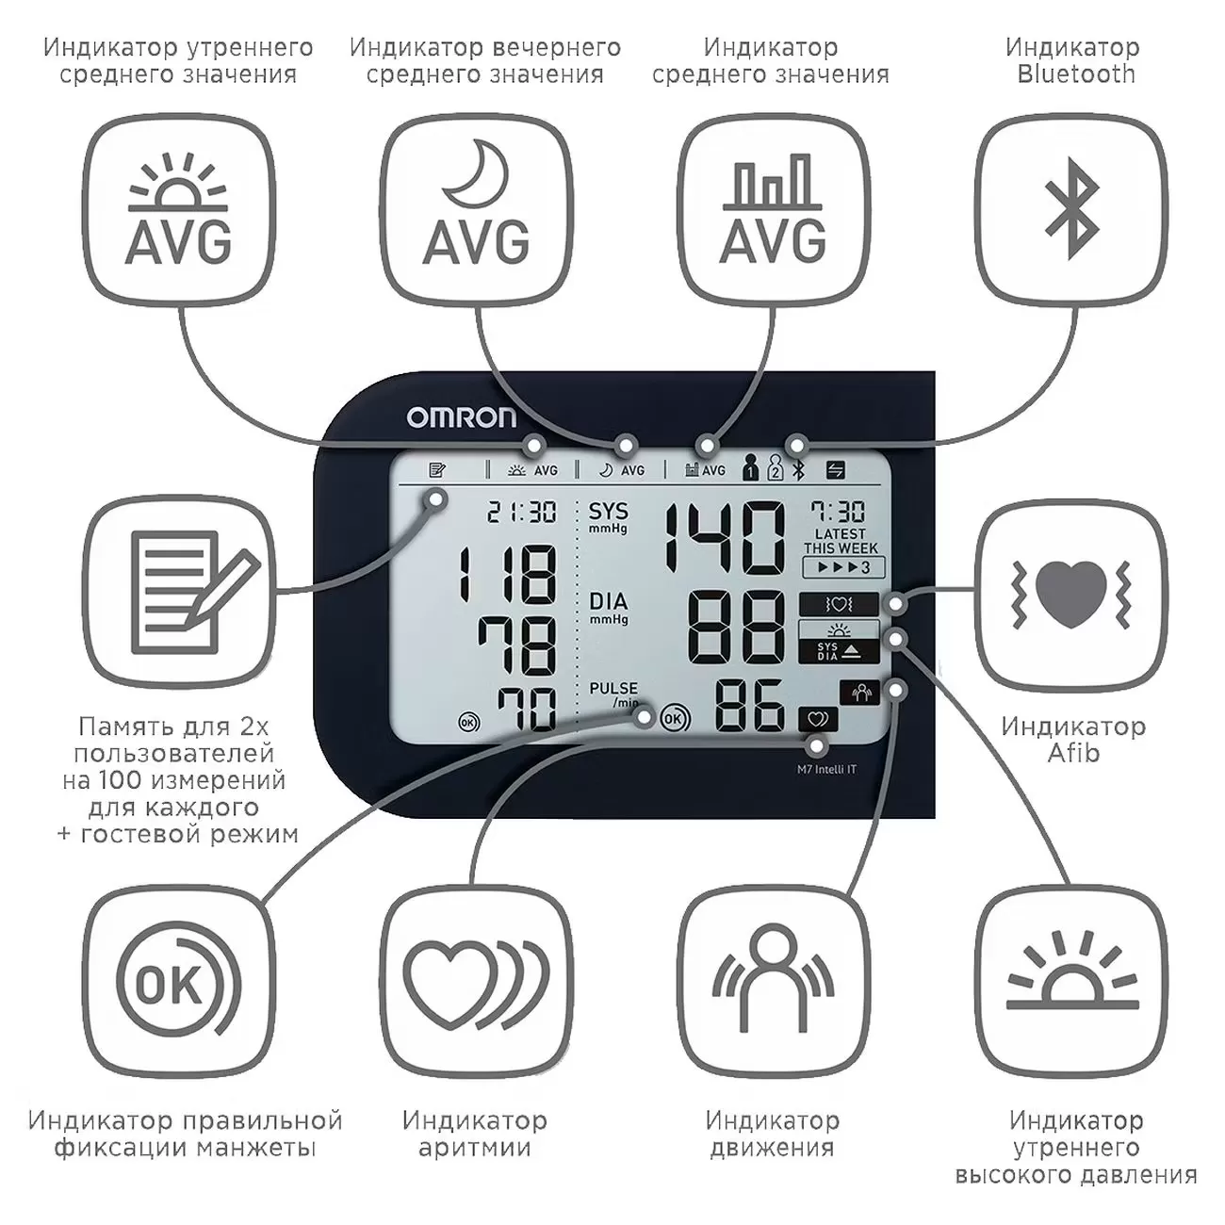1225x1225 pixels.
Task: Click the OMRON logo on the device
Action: coord(462,416)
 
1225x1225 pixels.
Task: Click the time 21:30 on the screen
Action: coord(521,513)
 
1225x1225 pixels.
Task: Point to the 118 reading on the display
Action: coord(507,574)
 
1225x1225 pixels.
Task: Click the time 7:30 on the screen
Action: coord(839,512)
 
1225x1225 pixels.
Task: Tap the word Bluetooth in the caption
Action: coord(1076,74)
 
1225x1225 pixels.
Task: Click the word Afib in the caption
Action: coord(1073,753)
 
